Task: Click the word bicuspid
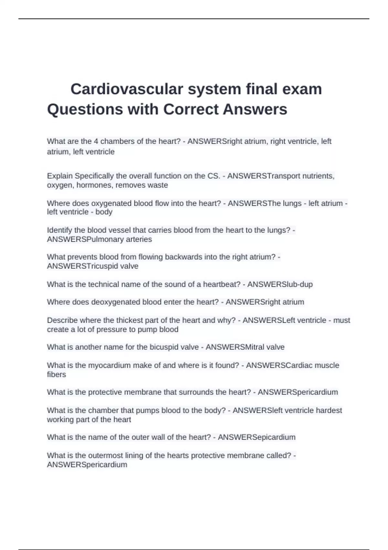click(164, 347)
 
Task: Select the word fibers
click(56, 374)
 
